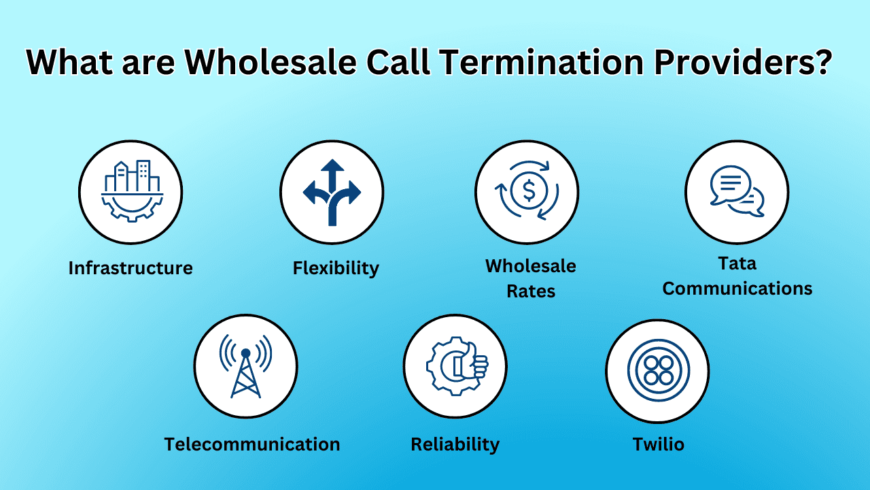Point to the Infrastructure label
130,268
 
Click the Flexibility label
336,268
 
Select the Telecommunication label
252,444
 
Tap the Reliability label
455,444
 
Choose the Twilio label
658,444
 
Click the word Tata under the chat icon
737,263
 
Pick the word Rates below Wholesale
531,291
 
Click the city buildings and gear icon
130,192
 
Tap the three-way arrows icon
332,192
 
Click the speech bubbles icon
737,192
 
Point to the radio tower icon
245,366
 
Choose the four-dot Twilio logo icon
658,371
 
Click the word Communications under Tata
737,289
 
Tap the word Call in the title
398,63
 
